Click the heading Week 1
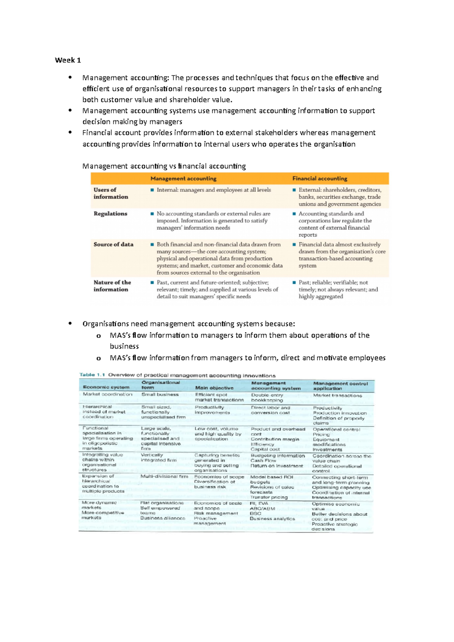(68, 60)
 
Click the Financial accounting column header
(319, 178)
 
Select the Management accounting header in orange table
(183, 178)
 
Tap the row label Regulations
(110, 214)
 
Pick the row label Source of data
(113, 245)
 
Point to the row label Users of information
(110, 193)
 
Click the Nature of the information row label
(112, 286)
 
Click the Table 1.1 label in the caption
(92, 375)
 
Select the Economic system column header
(106, 387)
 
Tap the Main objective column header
(214, 388)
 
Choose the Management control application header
(340, 386)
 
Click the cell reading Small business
(160, 394)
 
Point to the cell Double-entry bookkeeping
(267, 397)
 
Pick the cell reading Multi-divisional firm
(164, 476)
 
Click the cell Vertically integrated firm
(158, 457)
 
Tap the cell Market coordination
(107, 394)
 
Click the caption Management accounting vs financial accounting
(164, 166)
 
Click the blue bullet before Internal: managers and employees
(152, 190)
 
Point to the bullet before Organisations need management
(70, 324)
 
